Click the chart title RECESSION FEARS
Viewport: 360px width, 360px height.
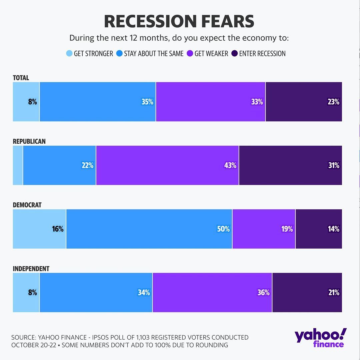pyautogui.click(x=179, y=22)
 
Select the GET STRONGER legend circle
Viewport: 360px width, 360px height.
pyautogui.click(x=69, y=54)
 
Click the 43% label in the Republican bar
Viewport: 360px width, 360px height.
pyautogui.click(x=230, y=165)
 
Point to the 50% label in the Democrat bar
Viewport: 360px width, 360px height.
pyautogui.click(x=223, y=229)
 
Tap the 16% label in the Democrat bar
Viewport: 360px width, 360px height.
pyautogui.click(x=57, y=229)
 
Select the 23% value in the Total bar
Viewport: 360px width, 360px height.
pyautogui.click(x=333, y=102)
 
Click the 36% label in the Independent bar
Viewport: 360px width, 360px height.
pyautogui.click(x=263, y=293)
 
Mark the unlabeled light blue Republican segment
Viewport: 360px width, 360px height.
pyautogui.click(x=18, y=165)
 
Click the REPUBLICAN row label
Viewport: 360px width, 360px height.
pyautogui.click(x=29, y=141)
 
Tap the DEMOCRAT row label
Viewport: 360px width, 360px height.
pyautogui.click(x=27, y=205)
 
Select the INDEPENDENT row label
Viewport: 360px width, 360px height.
pyautogui.click(x=31, y=269)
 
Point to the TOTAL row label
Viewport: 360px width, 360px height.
pyautogui.click(x=21, y=78)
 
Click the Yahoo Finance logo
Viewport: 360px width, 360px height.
pyautogui.click(x=320, y=338)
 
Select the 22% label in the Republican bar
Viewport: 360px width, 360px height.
pyautogui.click(x=87, y=165)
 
